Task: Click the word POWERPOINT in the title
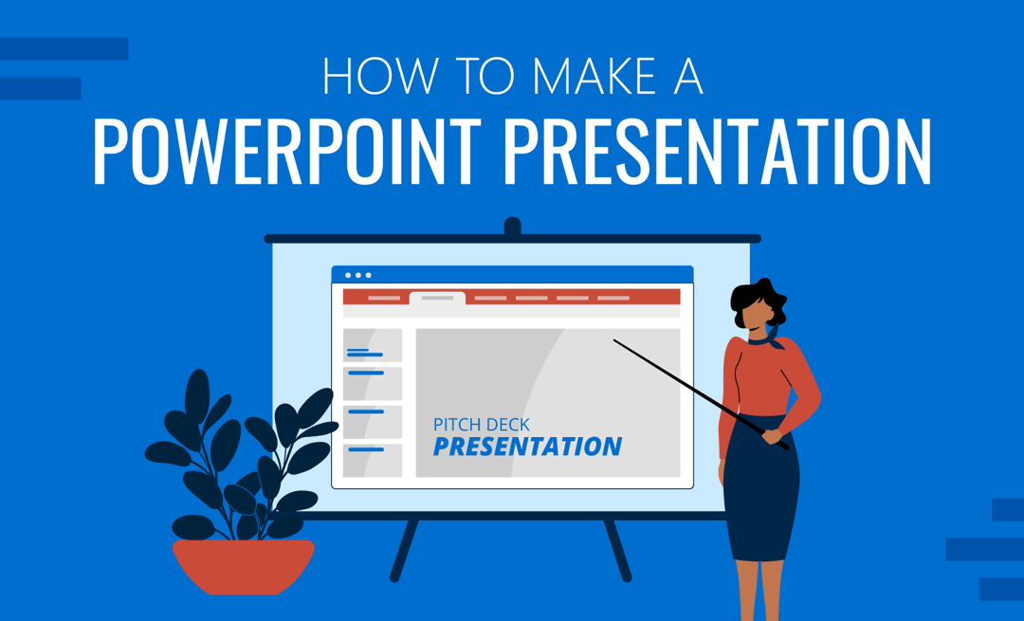point(286,151)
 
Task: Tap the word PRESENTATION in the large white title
point(717,151)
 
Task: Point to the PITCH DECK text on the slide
point(482,425)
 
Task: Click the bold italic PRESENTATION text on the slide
point(527,447)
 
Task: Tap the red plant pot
point(244,566)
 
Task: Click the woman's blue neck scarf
point(768,338)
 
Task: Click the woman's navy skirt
point(760,487)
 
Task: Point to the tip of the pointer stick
point(613,339)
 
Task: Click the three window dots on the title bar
point(357,276)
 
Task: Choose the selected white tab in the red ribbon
point(437,299)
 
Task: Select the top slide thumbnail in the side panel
point(373,345)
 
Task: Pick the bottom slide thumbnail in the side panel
point(373,461)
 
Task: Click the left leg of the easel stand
point(404,550)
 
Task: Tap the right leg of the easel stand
point(618,550)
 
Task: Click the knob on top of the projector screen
point(513,227)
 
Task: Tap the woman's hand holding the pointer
point(773,436)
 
